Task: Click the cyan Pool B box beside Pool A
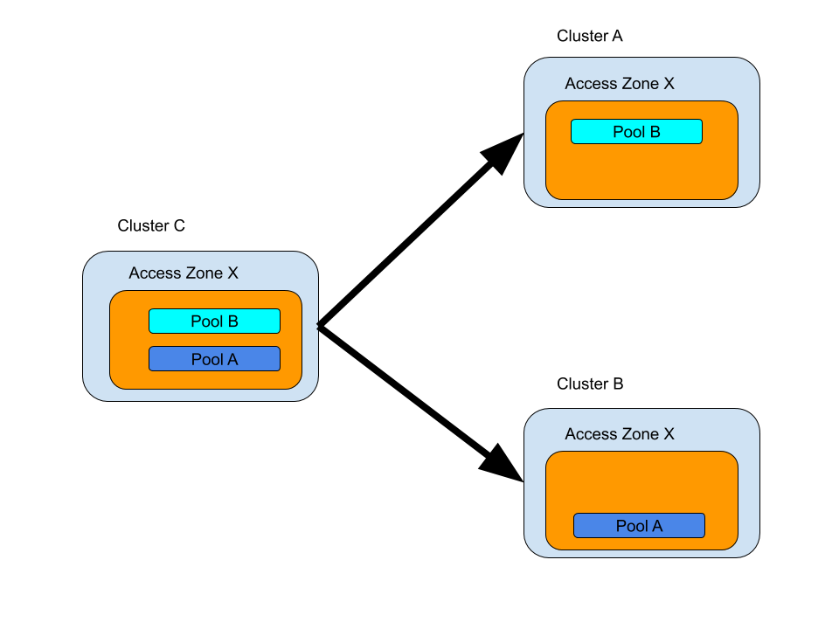coord(214,321)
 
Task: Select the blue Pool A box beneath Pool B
coord(214,359)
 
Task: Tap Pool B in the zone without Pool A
coord(636,132)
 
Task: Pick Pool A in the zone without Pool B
coord(639,526)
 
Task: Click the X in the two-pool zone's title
coord(232,273)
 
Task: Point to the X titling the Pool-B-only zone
coord(669,85)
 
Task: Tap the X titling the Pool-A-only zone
coord(669,434)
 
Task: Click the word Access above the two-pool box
coord(154,273)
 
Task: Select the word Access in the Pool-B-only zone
coord(590,85)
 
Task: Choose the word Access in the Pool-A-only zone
coord(590,434)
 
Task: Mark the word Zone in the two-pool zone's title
coord(204,273)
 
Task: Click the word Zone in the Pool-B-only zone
coord(640,85)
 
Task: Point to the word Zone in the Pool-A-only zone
coord(640,434)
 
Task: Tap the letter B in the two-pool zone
coord(232,321)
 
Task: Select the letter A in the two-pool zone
coord(232,359)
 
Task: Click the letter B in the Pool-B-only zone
coord(655,132)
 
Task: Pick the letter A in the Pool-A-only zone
coord(657,526)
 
